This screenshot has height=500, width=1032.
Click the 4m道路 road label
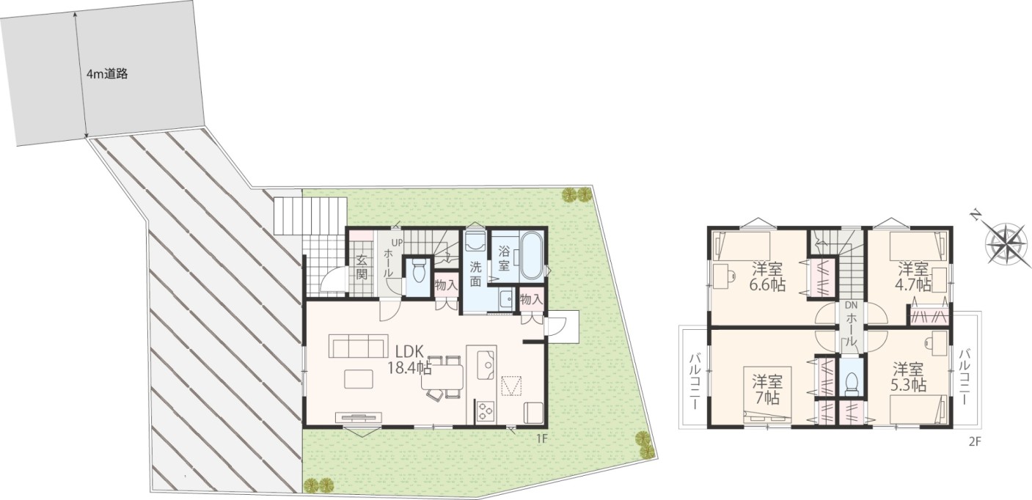(107, 74)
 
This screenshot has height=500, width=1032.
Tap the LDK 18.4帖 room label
(409, 359)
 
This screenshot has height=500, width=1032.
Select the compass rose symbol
(1006, 243)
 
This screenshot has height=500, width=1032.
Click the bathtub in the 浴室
(532, 255)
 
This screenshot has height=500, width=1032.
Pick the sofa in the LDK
(357, 347)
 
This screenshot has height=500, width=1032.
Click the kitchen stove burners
(485, 411)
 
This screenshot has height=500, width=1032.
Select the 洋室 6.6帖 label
(767, 276)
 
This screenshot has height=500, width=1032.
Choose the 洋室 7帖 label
(767, 389)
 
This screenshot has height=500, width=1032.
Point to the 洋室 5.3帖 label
(908, 377)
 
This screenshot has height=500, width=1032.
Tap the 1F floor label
(541, 438)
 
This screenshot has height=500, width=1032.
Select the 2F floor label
(974, 442)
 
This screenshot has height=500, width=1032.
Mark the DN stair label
(851, 305)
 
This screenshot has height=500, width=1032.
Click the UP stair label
(397, 242)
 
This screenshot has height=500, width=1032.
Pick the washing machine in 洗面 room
(475, 240)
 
